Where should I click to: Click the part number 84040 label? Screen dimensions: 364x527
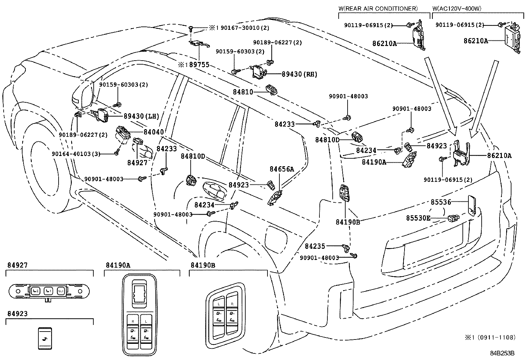(154, 132)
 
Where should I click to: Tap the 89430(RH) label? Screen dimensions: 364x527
(299, 75)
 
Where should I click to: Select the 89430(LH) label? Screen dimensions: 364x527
(141, 116)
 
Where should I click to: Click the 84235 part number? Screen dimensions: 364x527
(315, 246)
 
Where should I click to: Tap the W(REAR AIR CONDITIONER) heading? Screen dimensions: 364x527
(378, 9)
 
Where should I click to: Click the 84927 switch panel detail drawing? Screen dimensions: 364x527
(49, 291)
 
